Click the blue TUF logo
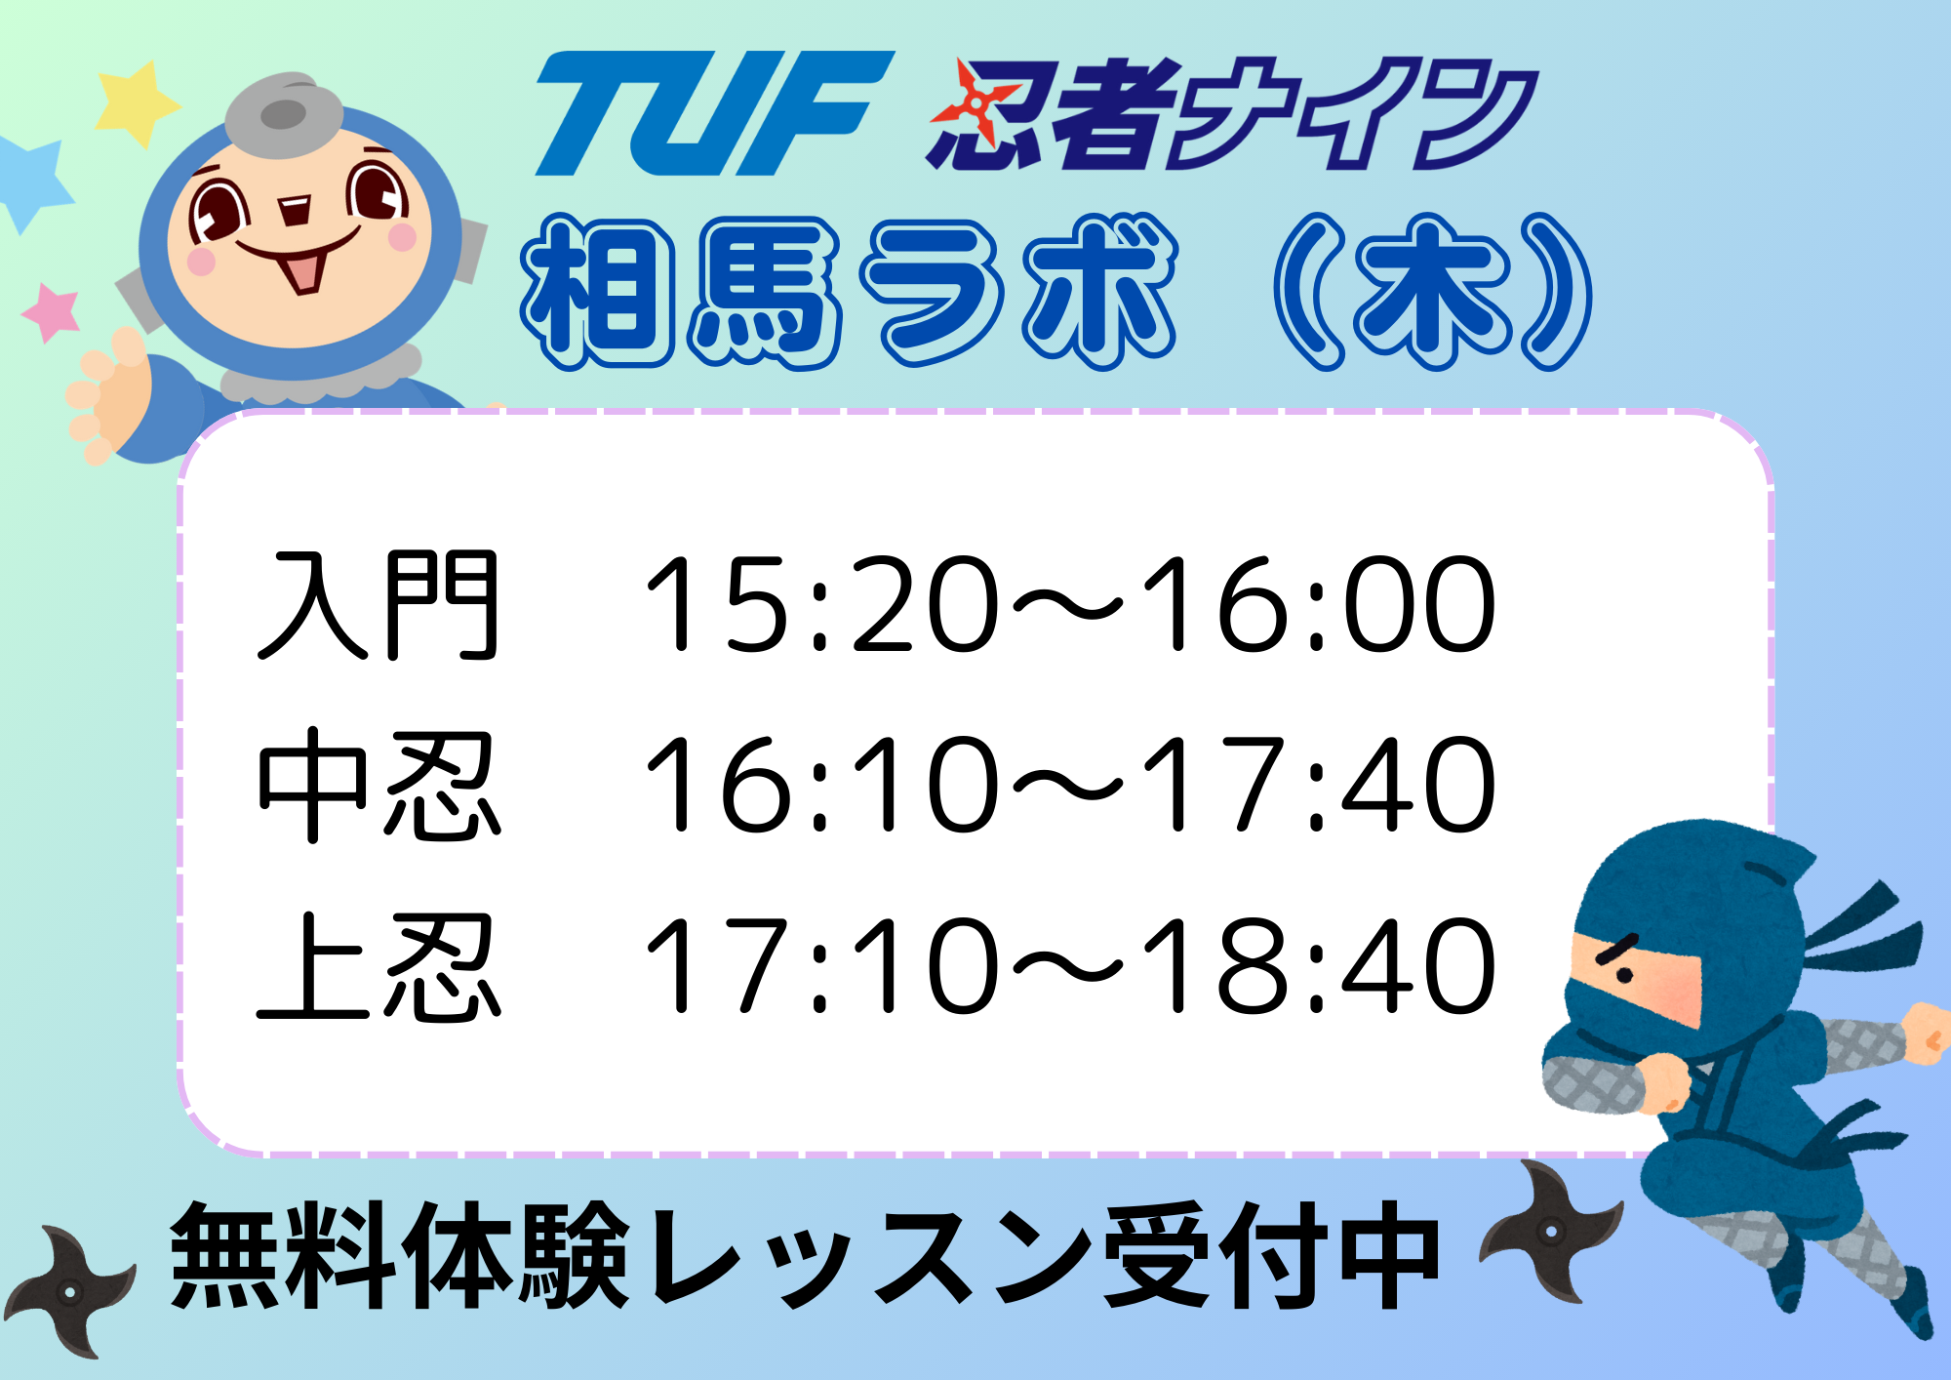pyautogui.click(x=714, y=113)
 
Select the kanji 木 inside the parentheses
pyautogui.click(x=1430, y=291)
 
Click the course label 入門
pyautogui.click(x=378, y=605)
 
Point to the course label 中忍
pyautogui.click(x=378, y=786)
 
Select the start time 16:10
pyautogui.click(x=821, y=785)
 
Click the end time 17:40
pyautogui.click(x=1317, y=785)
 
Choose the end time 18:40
pyautogui.click(x=1317, y=965)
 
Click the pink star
pyautogui.click(x=51, y=312)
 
